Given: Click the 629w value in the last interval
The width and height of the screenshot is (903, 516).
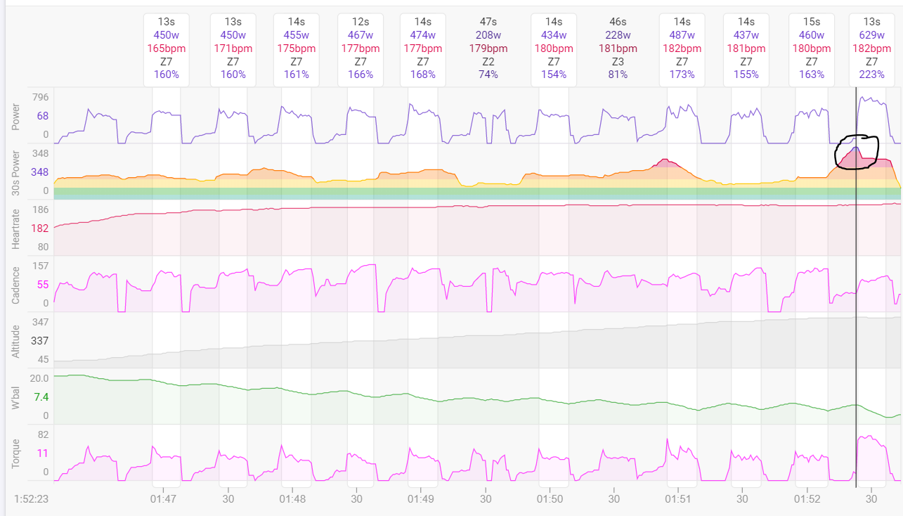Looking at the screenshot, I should [872, 34].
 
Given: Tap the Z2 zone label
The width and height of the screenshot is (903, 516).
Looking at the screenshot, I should [488, 61].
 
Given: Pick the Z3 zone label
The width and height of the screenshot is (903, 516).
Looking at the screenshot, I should [618, 61].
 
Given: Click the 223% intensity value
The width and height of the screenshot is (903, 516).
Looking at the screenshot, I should [872, 74].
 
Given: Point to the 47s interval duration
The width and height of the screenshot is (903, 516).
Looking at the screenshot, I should [488, 22].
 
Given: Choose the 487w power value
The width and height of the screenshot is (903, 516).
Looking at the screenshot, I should [682, 34].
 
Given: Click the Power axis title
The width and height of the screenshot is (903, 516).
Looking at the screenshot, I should [16, 116].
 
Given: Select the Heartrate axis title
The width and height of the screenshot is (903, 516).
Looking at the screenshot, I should [16, 228].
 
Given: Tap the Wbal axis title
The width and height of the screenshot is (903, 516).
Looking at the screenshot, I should [16, 396].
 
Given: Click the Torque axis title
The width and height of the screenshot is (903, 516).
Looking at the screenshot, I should [16, 453].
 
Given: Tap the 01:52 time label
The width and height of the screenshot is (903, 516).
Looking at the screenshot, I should [807, 498].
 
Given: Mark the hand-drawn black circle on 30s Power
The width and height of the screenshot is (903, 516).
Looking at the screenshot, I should [856, 152].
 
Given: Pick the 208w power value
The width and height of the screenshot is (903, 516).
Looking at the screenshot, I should [488, 34].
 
